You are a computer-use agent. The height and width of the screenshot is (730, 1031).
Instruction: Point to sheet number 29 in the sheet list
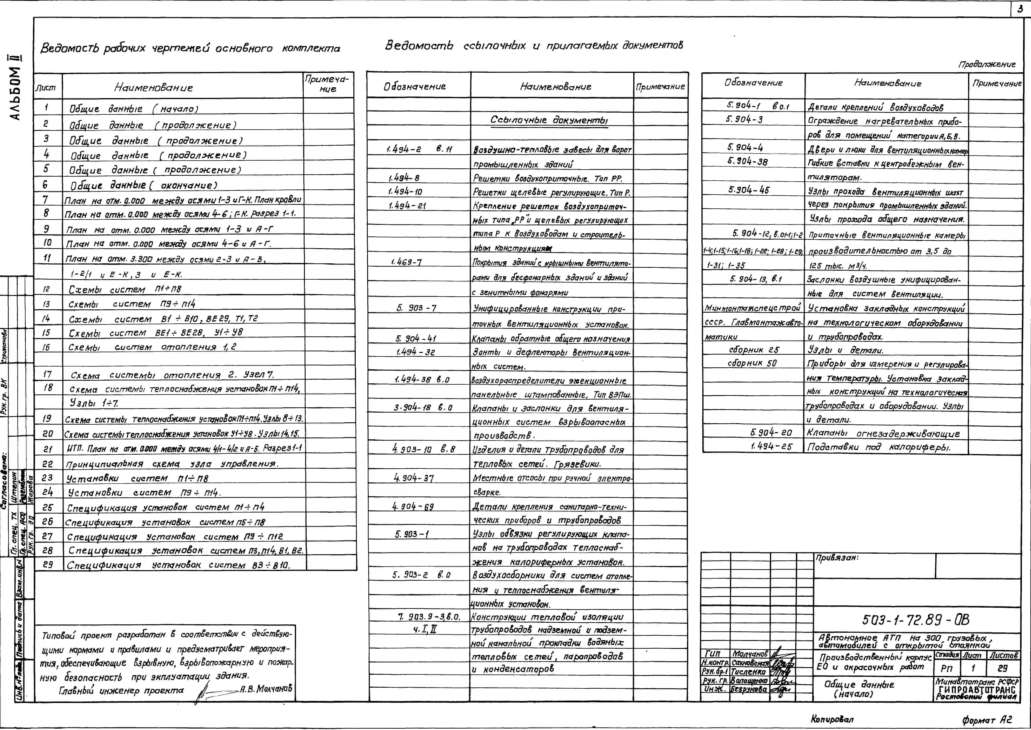[x=48, y=565]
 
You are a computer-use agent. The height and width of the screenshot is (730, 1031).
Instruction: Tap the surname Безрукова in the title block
[x=749, y=689]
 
